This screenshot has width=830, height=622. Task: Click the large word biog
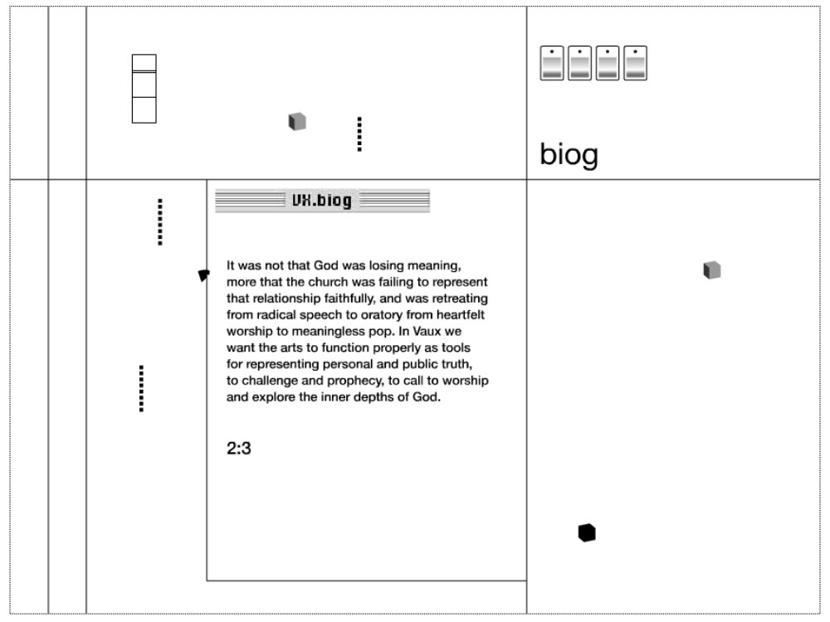[x=569, y=155]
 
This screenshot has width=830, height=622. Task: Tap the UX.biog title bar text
[x=322, y=201]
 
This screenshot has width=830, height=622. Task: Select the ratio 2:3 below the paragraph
[x=239, y=449]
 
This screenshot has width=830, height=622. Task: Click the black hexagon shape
[x=587, y=532]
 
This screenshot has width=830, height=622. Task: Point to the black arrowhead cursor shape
[x=204, y=275]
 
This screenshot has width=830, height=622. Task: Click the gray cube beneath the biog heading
[x=712, y=270]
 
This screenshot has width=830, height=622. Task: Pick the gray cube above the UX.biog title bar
[x=297, y=121]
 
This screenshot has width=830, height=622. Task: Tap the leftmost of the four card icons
[x=552, y=63]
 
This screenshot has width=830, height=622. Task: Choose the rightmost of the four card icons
[x=635, y=63]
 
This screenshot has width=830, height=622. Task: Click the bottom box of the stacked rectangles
[x=144, y=110]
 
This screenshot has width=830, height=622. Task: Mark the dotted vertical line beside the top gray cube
[x=359, y=134]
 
